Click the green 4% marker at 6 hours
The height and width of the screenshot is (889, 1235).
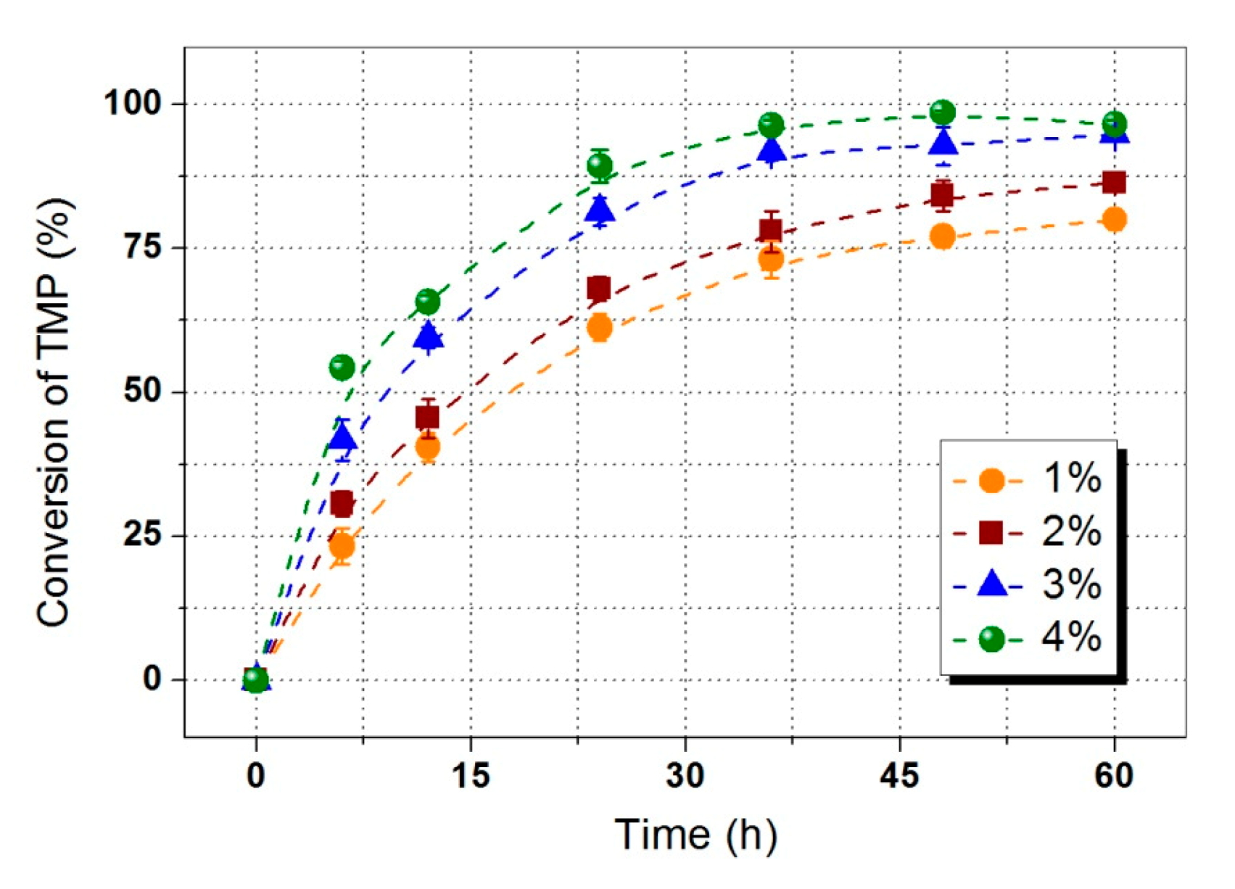point(342,368)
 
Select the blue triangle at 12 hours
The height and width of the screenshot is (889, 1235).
point(428,336)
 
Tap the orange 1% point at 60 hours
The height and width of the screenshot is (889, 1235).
point(1113,219)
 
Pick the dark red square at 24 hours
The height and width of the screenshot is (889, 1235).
point(599,288)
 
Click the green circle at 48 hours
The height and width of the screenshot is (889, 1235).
point(942,112)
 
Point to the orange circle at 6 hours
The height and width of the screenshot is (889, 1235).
point(342,545)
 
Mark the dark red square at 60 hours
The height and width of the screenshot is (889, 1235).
point(1113,183)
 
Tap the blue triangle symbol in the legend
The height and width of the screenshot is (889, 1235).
point(991,584)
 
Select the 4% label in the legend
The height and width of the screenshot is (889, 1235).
point(1071,638)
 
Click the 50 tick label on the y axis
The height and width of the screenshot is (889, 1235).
point(141,392)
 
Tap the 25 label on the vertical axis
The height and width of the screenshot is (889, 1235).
point(141,535)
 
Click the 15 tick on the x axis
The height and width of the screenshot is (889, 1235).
point(471,777)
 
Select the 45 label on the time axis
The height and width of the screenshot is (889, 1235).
point(899,777)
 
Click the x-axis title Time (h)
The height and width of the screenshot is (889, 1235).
point(695,835)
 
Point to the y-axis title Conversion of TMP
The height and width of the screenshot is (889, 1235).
point(55,413)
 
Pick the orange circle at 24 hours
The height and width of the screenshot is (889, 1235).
point(599,328)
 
